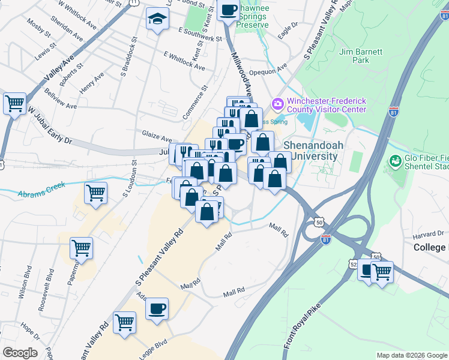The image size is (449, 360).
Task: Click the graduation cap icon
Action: [x=157, y=19]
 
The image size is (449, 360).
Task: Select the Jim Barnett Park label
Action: [x=360, y=56]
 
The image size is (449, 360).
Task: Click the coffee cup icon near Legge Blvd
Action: [x=157, y=309]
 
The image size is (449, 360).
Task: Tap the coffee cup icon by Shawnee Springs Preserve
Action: [x=229, y=10]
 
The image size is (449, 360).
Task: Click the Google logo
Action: [x=20, y=353]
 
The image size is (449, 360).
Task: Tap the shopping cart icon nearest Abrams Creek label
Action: [x=95, y=193]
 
